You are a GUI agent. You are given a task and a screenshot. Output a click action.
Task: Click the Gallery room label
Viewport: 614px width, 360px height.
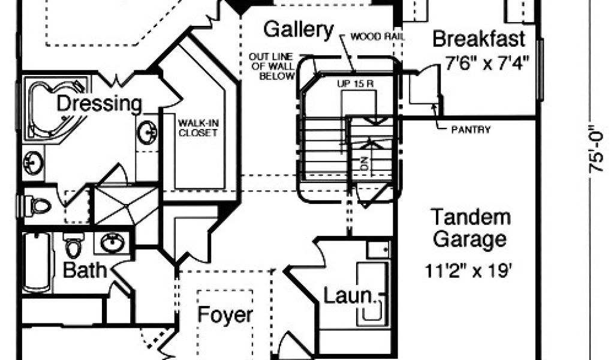tap(299, 29)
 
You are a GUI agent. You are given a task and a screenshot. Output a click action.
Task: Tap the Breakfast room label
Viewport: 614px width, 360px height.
tap(478, 39)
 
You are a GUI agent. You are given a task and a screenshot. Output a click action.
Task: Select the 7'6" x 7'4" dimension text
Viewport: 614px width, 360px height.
tap(487, 62)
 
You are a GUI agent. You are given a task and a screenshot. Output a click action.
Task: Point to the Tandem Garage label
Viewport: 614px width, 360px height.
tap(471, 228)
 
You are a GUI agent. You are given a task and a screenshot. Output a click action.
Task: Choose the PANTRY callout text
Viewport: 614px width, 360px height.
tap(471, 129)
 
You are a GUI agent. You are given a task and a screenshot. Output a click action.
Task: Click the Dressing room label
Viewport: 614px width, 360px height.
tap(100, 103)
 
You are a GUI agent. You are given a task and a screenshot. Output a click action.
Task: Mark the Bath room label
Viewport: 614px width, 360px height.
tap(85, 269)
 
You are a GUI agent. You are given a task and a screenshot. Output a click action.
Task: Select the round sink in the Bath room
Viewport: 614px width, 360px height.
tap(112, 243)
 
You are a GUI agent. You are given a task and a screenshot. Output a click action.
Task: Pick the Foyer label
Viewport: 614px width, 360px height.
tap(225, 314)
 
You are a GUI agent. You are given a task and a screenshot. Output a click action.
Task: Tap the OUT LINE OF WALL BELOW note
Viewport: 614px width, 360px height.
tap(272, 66)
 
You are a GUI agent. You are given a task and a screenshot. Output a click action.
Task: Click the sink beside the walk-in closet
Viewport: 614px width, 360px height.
tap(148, 132)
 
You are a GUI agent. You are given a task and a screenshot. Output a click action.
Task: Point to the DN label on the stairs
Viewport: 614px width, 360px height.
tap(363, 163)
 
